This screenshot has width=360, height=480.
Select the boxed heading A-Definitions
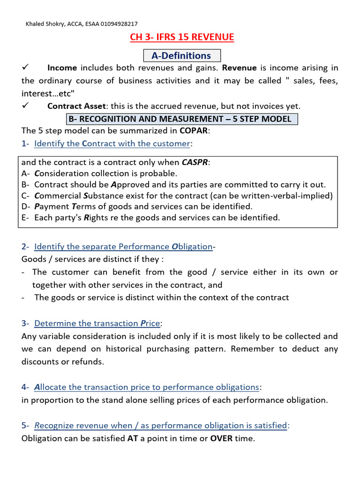click(181, 56)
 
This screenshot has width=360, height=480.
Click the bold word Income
click(62, 68)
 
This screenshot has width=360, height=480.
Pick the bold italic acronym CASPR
click(195, 163)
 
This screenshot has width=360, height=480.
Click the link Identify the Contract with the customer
click(112, 143)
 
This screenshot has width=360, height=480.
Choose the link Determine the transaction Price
click(97, 323)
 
